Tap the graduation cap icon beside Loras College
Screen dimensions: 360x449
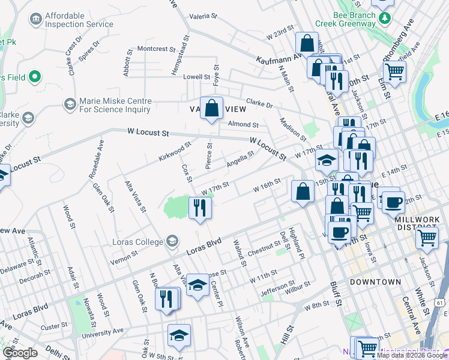point(172,242)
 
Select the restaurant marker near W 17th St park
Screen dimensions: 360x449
point(199,208)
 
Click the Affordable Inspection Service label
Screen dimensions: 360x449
point(79,20)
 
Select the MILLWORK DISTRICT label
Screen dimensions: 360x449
point(421,224)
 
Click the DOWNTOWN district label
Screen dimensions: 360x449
point(375,281)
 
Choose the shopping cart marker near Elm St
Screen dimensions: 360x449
point(394,71)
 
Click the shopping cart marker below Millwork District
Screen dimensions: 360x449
point(427,238)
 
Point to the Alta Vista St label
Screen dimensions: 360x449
point(135,196)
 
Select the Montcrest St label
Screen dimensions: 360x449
point(154,49)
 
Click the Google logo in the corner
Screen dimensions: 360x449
point(20,353)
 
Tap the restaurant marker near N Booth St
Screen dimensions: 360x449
point(166,299)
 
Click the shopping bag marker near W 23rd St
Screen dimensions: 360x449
point(307,44)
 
